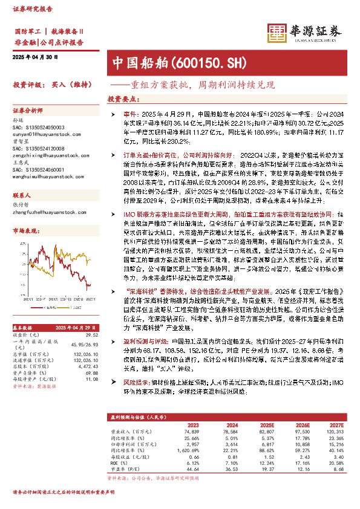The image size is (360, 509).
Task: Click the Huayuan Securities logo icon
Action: pyautogui.click(x=278, y=33)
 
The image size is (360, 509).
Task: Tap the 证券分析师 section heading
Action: pyautogui.click(x=28, y=111)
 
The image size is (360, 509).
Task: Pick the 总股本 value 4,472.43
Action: pyautogui.click(x=88, y=366)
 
